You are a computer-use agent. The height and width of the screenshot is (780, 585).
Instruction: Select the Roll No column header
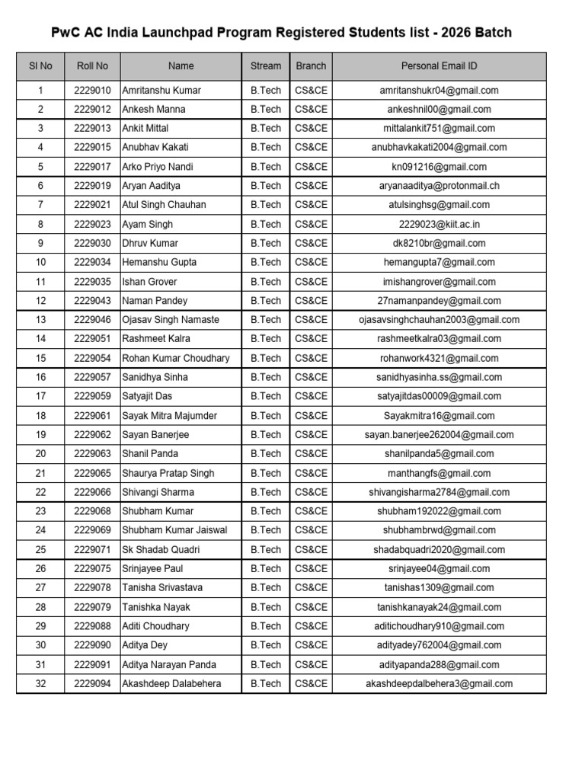coord(92,66)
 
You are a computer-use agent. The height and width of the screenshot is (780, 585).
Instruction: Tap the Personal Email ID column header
coord(439,66)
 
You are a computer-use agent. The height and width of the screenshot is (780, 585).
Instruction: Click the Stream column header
coord(265,66)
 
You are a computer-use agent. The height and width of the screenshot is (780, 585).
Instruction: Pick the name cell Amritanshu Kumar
coord(161,91)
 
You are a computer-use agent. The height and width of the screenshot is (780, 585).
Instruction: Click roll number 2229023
coord(92,225)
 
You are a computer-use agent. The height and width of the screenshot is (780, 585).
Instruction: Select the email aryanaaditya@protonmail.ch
coord(439,186)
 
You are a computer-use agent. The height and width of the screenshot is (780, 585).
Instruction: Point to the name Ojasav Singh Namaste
coord(171,320)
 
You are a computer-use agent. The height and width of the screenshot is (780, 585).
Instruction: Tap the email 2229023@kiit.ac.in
coord(439,225)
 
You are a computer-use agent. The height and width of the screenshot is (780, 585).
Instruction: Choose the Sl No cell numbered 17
coord(40,396)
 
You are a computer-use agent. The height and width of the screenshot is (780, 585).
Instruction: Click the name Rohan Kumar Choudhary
coord(176,358)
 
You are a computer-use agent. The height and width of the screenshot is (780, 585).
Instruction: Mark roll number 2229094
coord(92,684)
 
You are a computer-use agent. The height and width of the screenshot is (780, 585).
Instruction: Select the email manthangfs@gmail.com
coord(439,473)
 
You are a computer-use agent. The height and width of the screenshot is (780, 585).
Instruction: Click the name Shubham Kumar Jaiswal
coord(174,530)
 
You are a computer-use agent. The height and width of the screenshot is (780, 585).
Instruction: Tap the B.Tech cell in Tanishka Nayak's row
coord(265,607)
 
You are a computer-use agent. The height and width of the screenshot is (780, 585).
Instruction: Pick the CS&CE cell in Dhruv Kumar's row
coord(311,244)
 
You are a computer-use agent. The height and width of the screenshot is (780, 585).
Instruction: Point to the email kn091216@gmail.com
coord(439,167)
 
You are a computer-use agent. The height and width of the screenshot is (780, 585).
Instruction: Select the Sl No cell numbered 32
coord(40,684)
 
